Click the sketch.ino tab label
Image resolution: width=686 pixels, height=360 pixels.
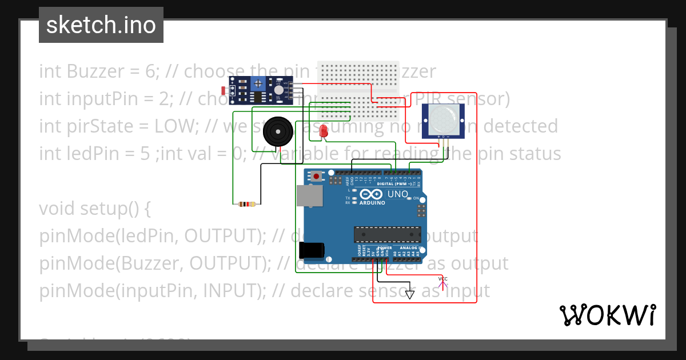(x=101, y=25)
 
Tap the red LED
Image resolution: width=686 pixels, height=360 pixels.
(x=324, y=131)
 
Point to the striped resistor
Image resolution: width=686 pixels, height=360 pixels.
(x=246, y=204)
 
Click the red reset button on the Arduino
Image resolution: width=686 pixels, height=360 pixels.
(x=316, y=176)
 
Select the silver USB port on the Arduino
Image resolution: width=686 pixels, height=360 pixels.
(x=309, y=195)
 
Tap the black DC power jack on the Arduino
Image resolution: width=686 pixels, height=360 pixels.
(x=312, y=250)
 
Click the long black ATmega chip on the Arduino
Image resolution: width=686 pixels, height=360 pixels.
(x=386, y=234)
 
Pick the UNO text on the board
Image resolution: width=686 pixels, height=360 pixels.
(x=398, y=194)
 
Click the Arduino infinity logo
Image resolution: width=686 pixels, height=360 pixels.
(x=372, y=195)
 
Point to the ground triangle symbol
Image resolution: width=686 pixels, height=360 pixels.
(x=409, y=295)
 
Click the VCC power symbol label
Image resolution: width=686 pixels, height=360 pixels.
(x=442, y=279)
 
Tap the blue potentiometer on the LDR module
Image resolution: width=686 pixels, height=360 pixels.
(x=258, y=84)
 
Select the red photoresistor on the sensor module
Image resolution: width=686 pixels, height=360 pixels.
(x=224, y=90)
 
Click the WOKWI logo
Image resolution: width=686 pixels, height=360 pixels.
(x=607, y=315)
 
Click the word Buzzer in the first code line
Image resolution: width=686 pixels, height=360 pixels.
(x=94, y=71)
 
